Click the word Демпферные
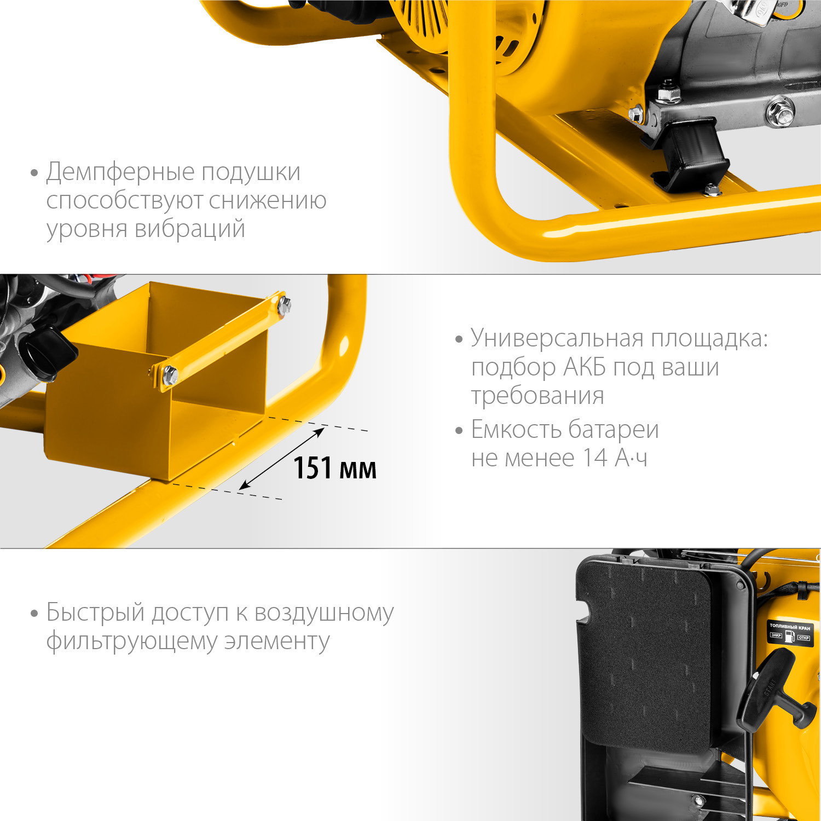tap(120, 172)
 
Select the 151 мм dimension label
tap(335, 468)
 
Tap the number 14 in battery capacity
tap(594, 458)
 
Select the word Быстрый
tap(95, 612)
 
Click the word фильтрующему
tap(131, 641)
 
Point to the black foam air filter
tap(646, 657)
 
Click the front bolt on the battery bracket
tap(170, 375)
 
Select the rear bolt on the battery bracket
tap(285, 305)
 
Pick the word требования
tap(537, 396)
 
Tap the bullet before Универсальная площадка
tap(459, 339)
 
